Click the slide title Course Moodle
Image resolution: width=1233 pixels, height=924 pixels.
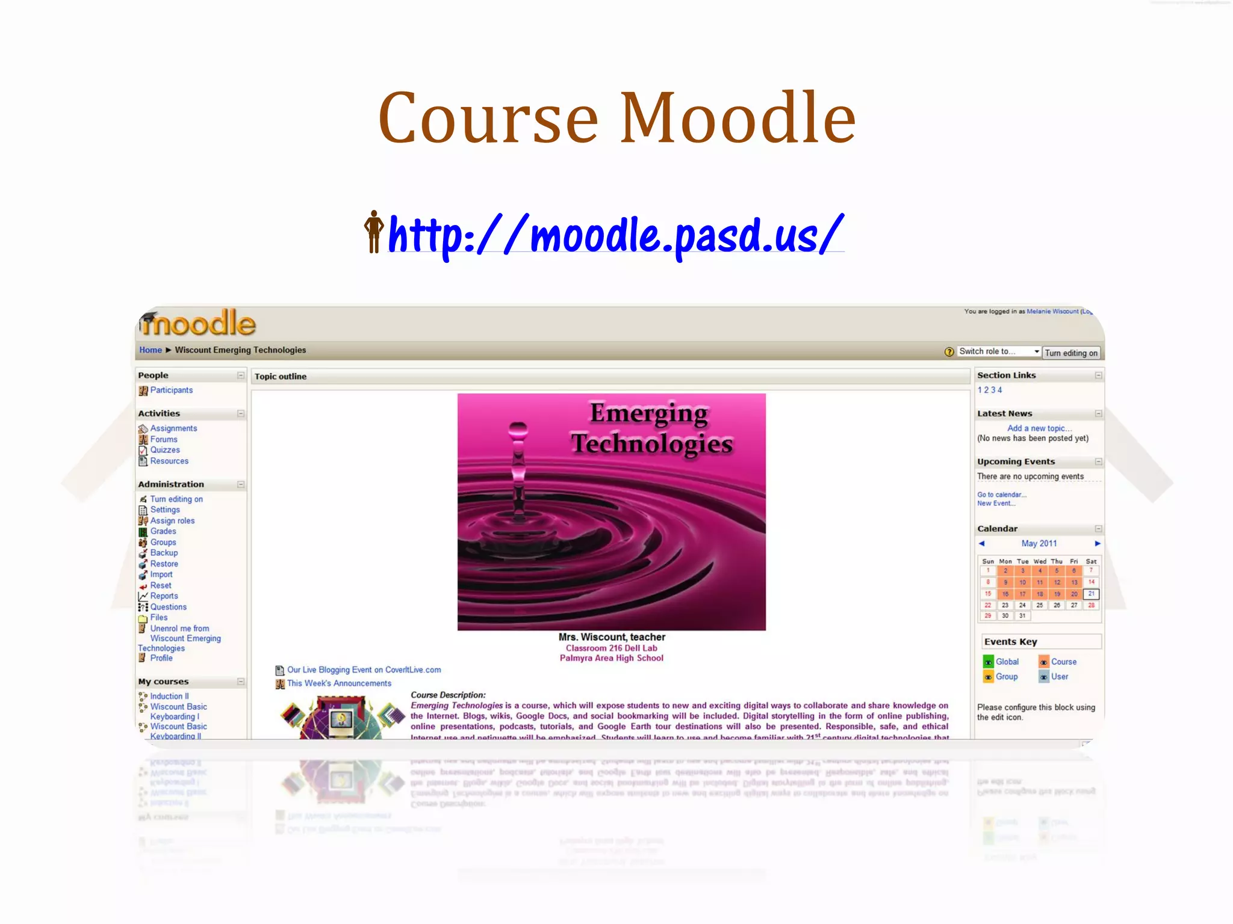(x=616, y=119)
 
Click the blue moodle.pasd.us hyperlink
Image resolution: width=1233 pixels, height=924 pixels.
(x=615, y=235)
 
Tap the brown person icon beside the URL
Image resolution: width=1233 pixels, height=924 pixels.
(x=374, y=232)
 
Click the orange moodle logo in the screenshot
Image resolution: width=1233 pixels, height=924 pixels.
(x=199, y=324)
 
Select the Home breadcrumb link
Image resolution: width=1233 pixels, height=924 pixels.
(x=150, y=350)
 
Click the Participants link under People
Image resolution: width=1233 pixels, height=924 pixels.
(x=171, y=390)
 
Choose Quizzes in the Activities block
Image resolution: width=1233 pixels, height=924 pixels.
(x=165, y=450)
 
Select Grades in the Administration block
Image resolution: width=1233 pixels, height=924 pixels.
(x=163, y=531)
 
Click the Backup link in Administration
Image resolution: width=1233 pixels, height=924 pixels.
(x=164, y=553)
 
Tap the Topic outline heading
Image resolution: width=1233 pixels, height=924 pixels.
(x=281, y=377)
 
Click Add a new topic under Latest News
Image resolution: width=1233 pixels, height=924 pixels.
(x=1039, y=428)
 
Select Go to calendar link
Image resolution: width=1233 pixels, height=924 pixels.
(x=1001, y=494)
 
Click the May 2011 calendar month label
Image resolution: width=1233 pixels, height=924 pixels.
(x=1039, y=543)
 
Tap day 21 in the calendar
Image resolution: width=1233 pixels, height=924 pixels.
(x=1091, y=594)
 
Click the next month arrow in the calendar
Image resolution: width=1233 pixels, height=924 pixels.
(x=1097, y=543)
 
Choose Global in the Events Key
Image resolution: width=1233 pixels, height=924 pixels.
(x=1007, y=662)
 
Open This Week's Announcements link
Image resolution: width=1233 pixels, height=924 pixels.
(x=339, y=683)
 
